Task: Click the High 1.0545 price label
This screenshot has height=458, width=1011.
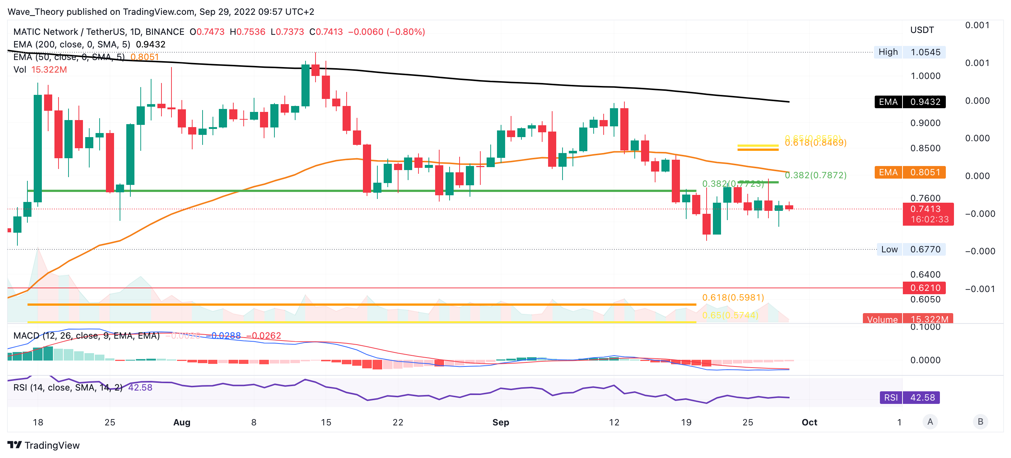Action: [910, 52]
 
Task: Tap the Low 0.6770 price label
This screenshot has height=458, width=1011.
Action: [911, 249]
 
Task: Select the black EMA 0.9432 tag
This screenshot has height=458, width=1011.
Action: [910, 102]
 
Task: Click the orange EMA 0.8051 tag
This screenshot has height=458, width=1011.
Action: [910, 172]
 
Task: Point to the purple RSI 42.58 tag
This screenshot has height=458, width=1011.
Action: [910, 398]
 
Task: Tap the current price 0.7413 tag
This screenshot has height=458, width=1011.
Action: [928, 214]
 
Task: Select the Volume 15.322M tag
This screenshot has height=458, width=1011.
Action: [907, 319]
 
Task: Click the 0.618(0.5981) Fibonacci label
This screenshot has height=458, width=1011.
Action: [733, 297]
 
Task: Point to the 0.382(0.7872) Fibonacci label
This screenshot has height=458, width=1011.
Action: [815, 175]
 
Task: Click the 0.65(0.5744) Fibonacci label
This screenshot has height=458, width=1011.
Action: [730, 315]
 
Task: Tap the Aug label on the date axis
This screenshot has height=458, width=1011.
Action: [182, 422]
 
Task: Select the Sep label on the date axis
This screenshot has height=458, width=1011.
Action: [500, 422]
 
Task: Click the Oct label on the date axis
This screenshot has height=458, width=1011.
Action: [809, 422]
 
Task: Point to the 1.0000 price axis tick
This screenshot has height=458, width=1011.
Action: [925, 76]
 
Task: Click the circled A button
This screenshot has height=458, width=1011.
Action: [930, 422]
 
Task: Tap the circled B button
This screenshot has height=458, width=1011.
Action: [980, 422]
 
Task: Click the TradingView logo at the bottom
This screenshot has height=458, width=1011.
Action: [44, 445]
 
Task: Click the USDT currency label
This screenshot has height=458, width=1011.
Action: [921, 30]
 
